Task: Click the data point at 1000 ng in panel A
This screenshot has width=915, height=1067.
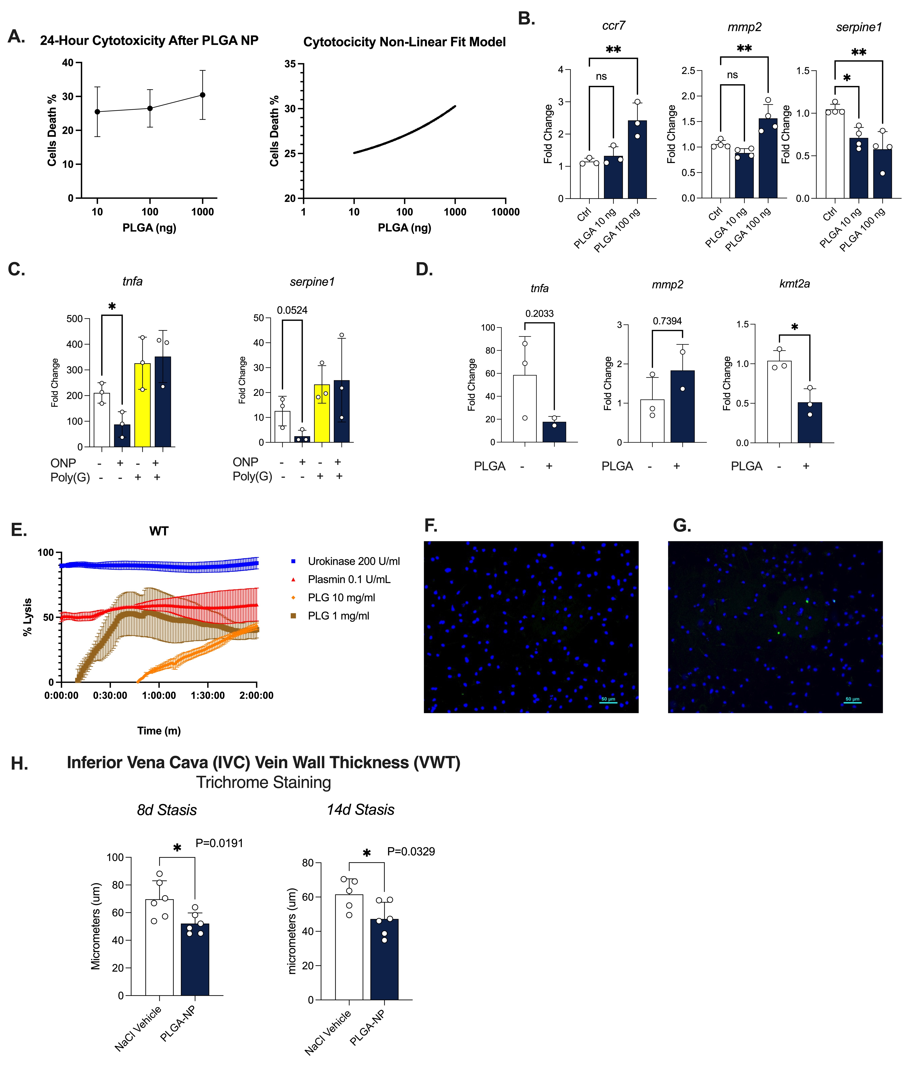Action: [x=203, y=95]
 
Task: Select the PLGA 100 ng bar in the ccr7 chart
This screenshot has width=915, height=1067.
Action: [x=637, y=160]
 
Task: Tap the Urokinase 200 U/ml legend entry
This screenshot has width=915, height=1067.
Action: [x=353, y=561]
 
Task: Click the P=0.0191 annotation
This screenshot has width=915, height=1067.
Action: [x=219, y=843]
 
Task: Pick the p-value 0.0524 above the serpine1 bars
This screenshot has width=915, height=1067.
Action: [x=292, y=310]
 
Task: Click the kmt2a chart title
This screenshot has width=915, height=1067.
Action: [x=794, y=284]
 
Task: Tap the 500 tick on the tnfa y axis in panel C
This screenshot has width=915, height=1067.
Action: [x=75, y=319]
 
